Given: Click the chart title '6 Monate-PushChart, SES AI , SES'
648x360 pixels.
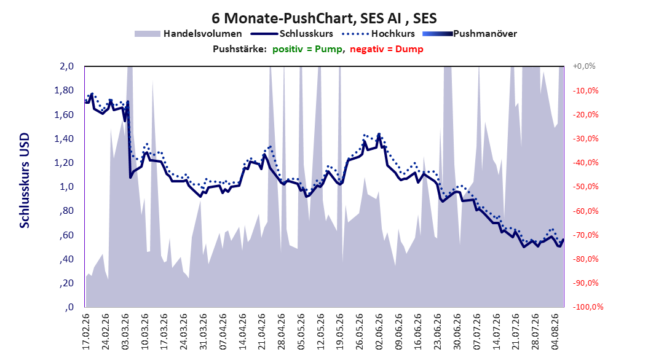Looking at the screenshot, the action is (324, 18).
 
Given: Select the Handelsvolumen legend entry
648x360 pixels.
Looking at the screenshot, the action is (188, 34).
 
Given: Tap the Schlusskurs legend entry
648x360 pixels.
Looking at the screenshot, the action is (292, 34).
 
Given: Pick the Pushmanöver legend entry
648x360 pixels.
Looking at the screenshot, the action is (470, 34).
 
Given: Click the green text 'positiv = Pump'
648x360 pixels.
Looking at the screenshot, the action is (307, 49).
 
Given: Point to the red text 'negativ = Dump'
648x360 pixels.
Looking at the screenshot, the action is (387, 49).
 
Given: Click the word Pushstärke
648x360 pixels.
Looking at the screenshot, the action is (239, 49).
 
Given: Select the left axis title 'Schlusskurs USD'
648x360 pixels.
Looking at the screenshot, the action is (25, 181).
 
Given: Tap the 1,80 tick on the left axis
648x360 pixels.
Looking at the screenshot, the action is (64, 90).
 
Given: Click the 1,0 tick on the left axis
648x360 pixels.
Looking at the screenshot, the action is (66, 187).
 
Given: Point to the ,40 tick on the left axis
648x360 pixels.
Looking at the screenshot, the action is (66, 259).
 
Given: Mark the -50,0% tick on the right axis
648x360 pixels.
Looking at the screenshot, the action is (585, 187).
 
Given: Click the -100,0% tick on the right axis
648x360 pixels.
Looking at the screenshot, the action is (588, 307).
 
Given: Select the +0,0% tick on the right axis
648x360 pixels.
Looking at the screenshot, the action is (584, 66).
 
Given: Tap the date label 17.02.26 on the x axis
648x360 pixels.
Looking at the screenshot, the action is (86, 332).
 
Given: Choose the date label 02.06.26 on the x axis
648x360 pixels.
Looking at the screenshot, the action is (379, 332).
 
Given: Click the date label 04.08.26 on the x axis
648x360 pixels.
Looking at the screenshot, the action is (555, 332).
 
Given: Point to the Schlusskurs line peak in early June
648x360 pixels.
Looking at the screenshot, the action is (379, 134).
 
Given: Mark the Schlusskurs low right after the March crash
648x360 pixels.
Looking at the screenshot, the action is (130, 178).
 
